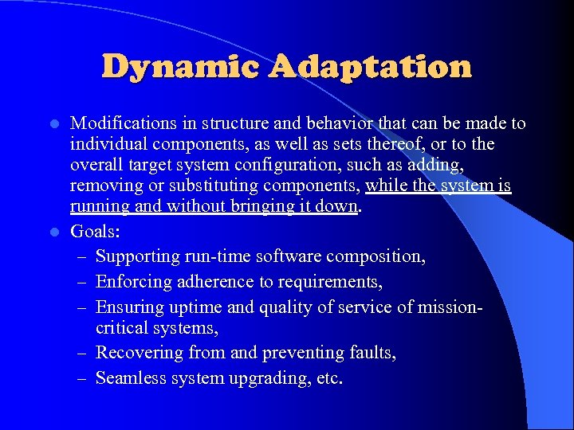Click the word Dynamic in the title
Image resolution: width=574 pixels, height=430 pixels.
181,68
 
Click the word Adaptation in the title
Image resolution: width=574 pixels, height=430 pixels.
370,68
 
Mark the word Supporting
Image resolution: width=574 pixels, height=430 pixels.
136,256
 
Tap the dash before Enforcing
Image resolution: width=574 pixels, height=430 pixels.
83,281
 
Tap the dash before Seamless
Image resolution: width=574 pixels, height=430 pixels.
83,377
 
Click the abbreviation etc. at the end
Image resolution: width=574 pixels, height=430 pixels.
329,377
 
